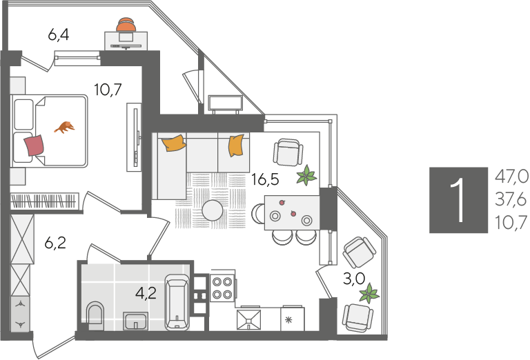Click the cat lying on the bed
65,127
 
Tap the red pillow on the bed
34,146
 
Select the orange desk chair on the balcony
126,24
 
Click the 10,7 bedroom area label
108,90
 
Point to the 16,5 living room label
265,180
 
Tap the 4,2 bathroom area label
146,293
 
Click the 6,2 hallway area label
55,243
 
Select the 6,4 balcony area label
59,34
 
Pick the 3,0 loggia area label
354,279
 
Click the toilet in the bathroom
95,316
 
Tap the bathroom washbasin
135,321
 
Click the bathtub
177,302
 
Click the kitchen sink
248,319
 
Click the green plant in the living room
306,175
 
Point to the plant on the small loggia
369,293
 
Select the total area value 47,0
512,177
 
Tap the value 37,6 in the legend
511,200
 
